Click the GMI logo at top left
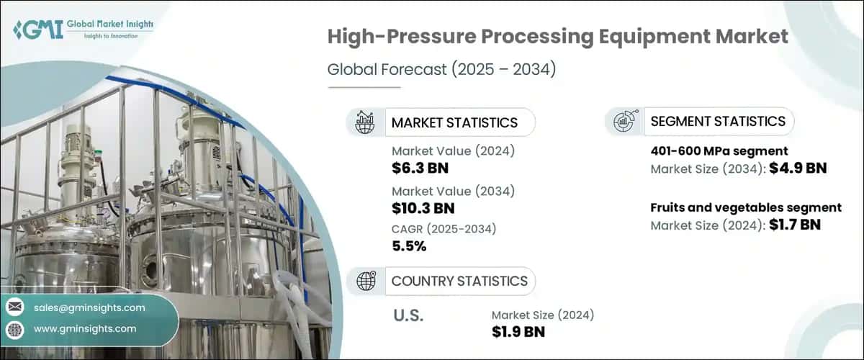tap(83, 29)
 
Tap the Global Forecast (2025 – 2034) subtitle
tap(442, 71)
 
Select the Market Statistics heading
tap(454, 122)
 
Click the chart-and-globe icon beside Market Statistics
tap(366, 122)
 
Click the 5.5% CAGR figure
tap(409, 246)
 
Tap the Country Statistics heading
tap(459, 281)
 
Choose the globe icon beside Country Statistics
tap(366, 281)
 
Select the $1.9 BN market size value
tap(518, 332)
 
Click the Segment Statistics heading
tap(717, 121)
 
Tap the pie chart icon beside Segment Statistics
tap(624, 121)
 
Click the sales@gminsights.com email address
tap(89, 307)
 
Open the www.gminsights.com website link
tap(85, 329)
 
